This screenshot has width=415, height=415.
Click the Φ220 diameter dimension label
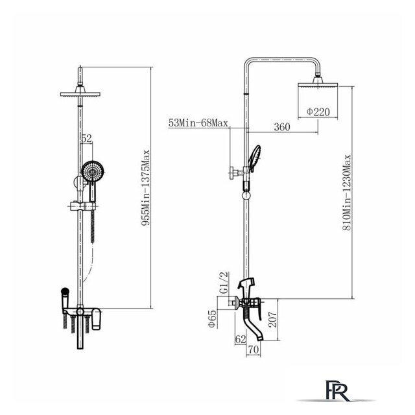(x=318, y=112)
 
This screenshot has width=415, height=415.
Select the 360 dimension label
(x=282, y=127)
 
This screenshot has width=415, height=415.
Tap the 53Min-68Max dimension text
(x=198, y=123)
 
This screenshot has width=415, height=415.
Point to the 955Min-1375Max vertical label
(x=145, y=187)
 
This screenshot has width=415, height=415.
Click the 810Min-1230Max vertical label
(x=347, y=193)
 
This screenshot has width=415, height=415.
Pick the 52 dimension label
(x=86, y=138)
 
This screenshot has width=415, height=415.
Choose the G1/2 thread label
(x=224, y=283)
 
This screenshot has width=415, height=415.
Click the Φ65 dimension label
(x=213, y=319)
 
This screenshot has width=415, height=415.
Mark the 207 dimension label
(x=272, y=320)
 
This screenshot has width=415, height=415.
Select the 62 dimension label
(x=241, y=339)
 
